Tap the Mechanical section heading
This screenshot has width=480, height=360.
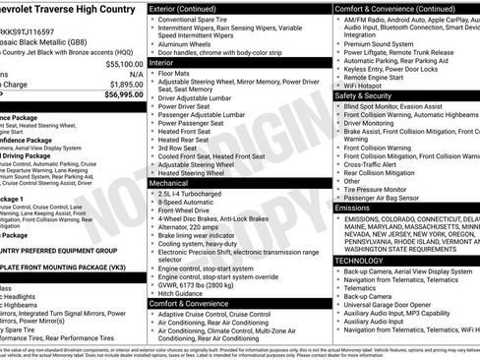pyautogui.click(x=174, y=183)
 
